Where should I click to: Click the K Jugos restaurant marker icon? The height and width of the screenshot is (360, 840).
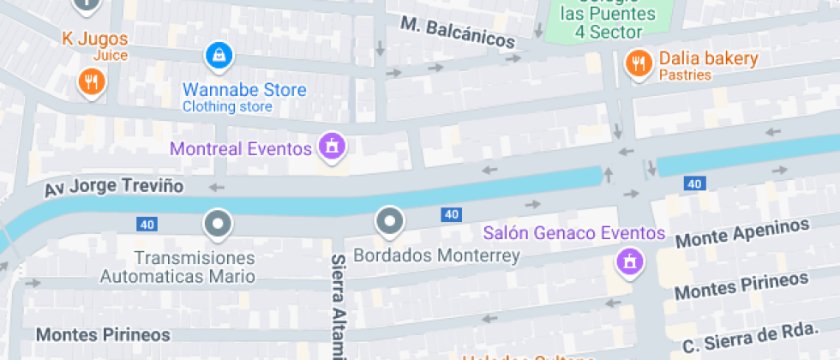pos(91,82)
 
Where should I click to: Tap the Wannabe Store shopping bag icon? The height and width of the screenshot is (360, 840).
pos(220,57)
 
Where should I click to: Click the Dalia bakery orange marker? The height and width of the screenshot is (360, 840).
pos(638,63)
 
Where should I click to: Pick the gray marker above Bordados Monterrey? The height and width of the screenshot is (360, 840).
pos(390,222)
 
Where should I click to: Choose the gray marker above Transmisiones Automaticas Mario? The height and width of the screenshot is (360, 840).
pos(218,225)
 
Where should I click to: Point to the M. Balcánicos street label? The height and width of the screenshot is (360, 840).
pos(458,33)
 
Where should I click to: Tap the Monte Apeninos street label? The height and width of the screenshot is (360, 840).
pos(742,233)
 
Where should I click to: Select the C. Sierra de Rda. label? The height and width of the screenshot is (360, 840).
pos(760,337)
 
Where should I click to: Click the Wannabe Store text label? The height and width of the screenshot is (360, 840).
pos(244,90)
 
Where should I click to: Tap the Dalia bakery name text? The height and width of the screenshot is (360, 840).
pos(708,58)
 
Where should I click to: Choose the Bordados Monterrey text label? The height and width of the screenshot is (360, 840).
pos(436,255)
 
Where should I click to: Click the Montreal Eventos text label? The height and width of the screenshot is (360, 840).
pos(241,148)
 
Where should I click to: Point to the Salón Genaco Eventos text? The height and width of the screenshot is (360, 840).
pos(574,233)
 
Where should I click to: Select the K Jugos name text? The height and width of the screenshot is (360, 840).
pos(95,39)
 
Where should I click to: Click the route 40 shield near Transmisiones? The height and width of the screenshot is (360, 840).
pos(147,225)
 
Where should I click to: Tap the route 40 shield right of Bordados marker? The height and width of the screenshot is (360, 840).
pos(452,214)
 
